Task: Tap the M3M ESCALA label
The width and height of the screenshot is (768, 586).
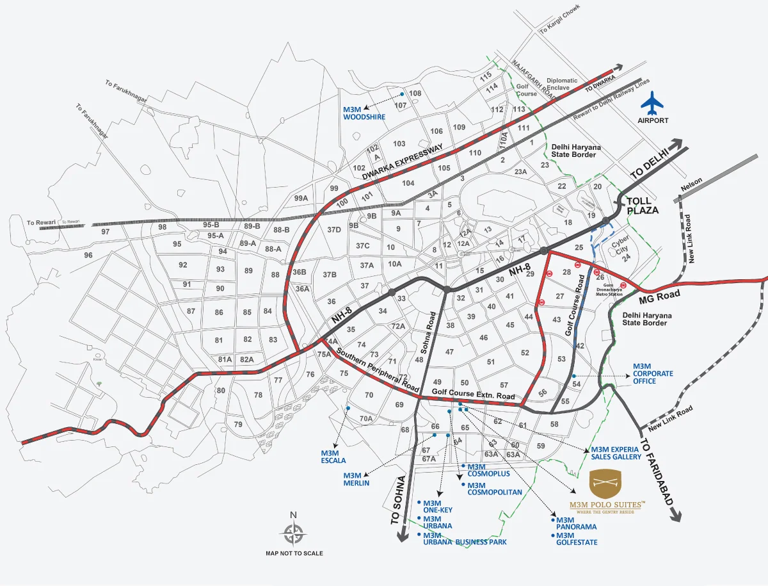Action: pos(333,456)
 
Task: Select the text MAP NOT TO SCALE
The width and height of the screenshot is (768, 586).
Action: pos(294,553)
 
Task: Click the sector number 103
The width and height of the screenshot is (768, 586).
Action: pos(399,143)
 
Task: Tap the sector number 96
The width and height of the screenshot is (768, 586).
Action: pos(88,255)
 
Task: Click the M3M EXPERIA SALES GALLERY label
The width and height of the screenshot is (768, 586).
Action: pos(616,453)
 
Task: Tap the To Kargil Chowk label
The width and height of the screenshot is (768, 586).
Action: pos(559,22)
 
